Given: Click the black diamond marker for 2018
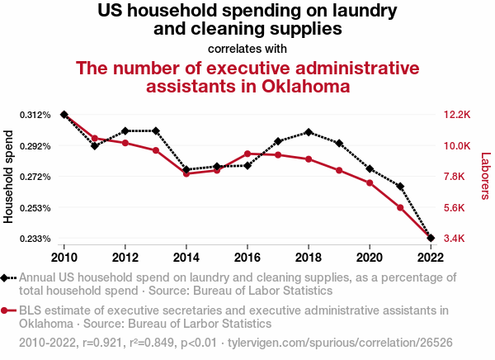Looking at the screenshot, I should (x=309, y=132).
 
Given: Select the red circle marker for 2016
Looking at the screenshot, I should (x=247, y=154).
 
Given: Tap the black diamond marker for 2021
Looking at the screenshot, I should (x=400, y=187).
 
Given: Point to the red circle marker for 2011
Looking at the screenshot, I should (x=95, y=139).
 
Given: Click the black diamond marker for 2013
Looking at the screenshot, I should (x=156, y=131).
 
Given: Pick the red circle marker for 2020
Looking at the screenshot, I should (x=370, y=182).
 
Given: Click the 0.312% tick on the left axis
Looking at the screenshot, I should (x=34, y=115).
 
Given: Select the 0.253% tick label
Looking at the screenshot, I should (x=34, y=208).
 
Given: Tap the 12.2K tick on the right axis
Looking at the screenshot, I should (x=456, y=115).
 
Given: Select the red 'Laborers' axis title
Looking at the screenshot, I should (x=485, y=176).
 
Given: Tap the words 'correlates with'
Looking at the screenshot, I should (x=247, y=48).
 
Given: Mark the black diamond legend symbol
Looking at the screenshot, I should (x=8, y=278).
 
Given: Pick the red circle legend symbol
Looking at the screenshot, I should (x=8, y=311).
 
